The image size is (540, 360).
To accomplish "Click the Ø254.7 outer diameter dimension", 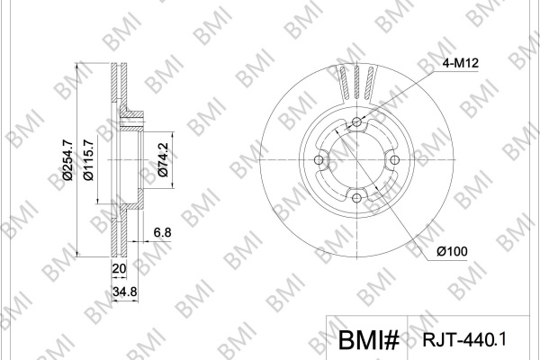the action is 67,160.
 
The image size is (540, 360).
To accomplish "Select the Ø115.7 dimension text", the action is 88,160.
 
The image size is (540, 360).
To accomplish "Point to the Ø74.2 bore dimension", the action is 163,160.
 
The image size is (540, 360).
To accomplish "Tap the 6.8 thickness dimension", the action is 162,232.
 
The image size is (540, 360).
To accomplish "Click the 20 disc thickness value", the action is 119,268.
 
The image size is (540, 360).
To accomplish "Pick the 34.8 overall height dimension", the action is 125,292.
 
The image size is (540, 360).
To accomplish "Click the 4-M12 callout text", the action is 461,63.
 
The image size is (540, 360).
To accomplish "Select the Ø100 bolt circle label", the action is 452,251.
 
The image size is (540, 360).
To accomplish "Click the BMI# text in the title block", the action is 368,340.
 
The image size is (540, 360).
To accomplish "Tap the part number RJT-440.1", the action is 464,339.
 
